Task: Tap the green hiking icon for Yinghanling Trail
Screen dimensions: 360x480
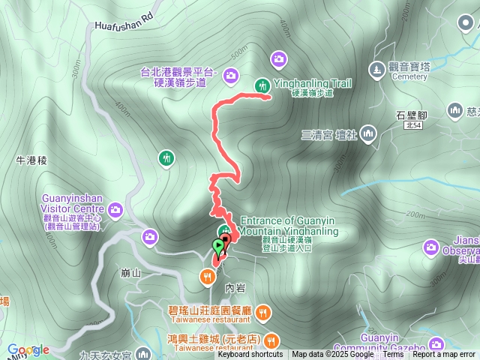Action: [x=262, y=85]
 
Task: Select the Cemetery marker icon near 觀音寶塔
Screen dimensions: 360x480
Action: [x=376, y=69]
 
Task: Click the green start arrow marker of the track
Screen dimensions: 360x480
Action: [x=218, y=246]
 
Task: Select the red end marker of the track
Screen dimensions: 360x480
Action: [x=224, y=238]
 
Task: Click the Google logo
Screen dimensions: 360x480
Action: [x=28, y=350]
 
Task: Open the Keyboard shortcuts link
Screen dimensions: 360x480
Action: [x=250, y=355]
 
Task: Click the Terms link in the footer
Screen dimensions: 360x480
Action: [x=393, y=355]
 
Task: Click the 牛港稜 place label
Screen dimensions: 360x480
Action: [x=31, y=160]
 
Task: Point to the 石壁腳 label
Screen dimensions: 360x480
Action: [x=411, y=115]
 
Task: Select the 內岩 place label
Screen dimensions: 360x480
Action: [x=234, y=288]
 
